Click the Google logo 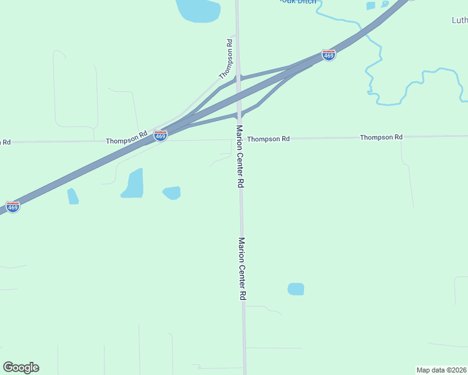(21, 367)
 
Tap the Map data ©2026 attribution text (441, 369)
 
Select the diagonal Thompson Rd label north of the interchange (226, 59)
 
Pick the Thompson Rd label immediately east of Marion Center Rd (268, 138)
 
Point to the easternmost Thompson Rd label (381, 137)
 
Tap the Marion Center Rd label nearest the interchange (239, 156)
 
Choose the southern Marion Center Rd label (242, 269)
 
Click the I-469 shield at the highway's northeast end (328, 55)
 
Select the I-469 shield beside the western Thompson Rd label (161, 136)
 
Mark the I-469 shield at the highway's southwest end (13, 206)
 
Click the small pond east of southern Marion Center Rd (295, 289)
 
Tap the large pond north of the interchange (198, 9)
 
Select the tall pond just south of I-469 (133, 183)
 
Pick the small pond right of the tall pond (172, 192)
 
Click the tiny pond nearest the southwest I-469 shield (73, 196)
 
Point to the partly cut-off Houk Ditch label (297, 2)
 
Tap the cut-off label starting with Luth (459, 20)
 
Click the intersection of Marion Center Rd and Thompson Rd (239, 139)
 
